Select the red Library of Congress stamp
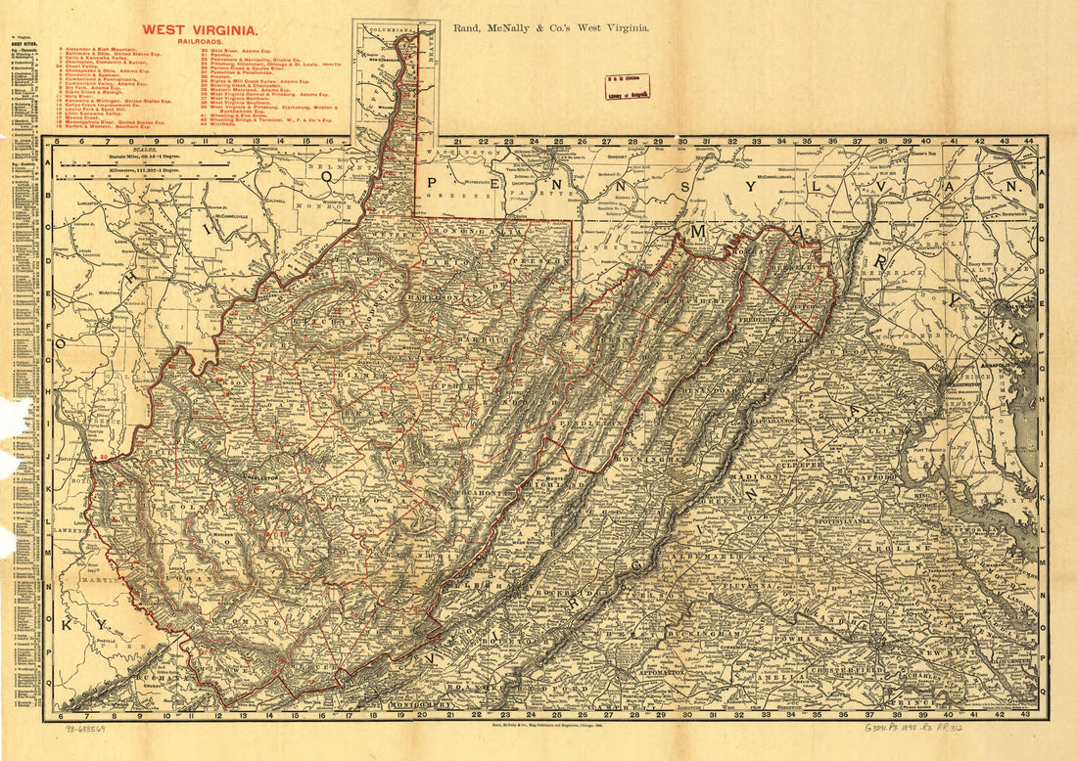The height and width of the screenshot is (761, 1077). [627, 87]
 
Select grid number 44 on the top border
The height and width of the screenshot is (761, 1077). [1028, 141]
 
